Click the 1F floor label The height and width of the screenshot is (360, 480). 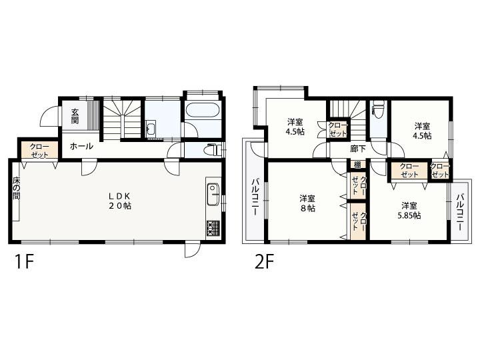pyautogui.click(x=19, y=261)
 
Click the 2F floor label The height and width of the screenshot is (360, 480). pyautogui.click(x=263, y=261)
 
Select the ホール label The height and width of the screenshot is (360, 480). pyautogui.click(x=81, y=146)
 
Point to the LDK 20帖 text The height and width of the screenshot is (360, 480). pyautogui.click(x=120, y=201)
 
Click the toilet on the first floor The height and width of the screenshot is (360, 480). pyautogui.click(x=212, y=149)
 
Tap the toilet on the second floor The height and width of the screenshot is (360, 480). pyautogui.click(x=379, y=109)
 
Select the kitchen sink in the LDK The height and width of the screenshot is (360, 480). pyautogui.click(x=213, y=195)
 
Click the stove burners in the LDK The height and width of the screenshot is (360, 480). pyautogui.click(x=213, y=227)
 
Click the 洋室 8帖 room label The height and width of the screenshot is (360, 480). pyautogui.click(x=307, y=203)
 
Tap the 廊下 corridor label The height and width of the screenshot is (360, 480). pyautogui.click(x=357, y=149)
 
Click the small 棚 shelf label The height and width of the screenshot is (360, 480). pyautogui.click(x=357, y=165)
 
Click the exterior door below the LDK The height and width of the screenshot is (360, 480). pyautogui.click(x=192, y=249)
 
